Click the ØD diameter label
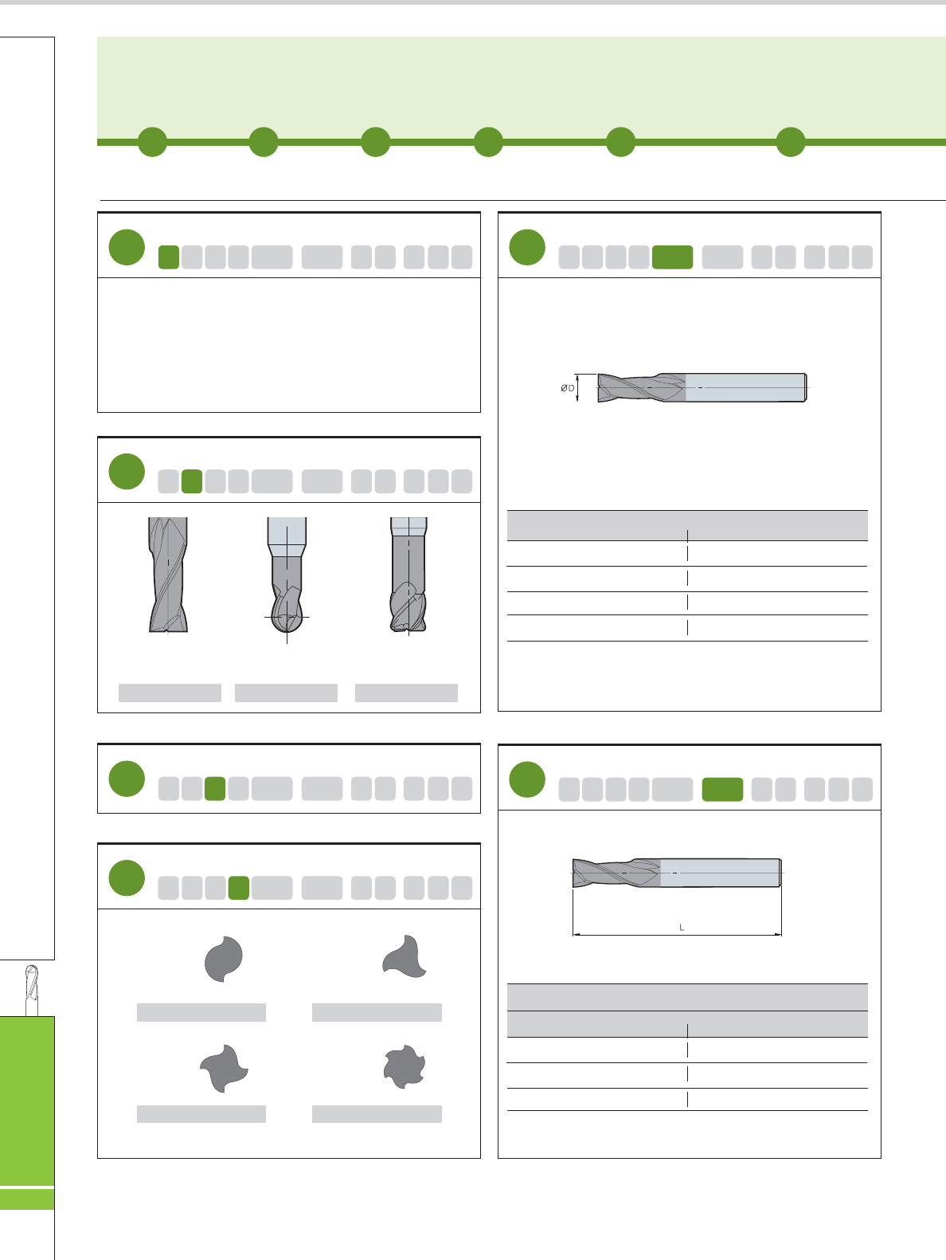pyautogui.click(x=567, y=388)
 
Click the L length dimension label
pyautogui.click(x=682, y=927)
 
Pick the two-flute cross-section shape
pyautogui.click(x=224, y=960)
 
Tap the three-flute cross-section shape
pyautogui.click(x=405, y=956)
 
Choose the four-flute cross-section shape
pyautogui.click(x=224, y=1068)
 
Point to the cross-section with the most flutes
pyautogui.click(x=405, y=1066)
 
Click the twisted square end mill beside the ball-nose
pyautogui.click(x=168, y=575)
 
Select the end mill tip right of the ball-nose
pyautogui.click(x=408, y=575)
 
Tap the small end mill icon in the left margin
pyautogui.click(x=32, y=990)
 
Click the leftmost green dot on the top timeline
pyautogui.click(x=153, y=142)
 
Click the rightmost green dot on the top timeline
pyautogui.click(x=791, y=142)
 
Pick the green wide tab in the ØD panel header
pyautogui.click(x=673, y=257)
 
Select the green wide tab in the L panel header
pyautogui.click(x=722, y=789)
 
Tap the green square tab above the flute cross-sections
pyautogui.click(x=239, y=888)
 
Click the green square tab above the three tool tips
pyautogui.click(x=192, y=481)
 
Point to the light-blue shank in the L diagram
pyautogui.click(x=721, y=873)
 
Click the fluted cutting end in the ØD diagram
pyautogui.click(x=642, y=387)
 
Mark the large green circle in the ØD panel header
pyautogui.click(x=527, y=247)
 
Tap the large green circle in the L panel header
pyautogui.click(x=527, y=779)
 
